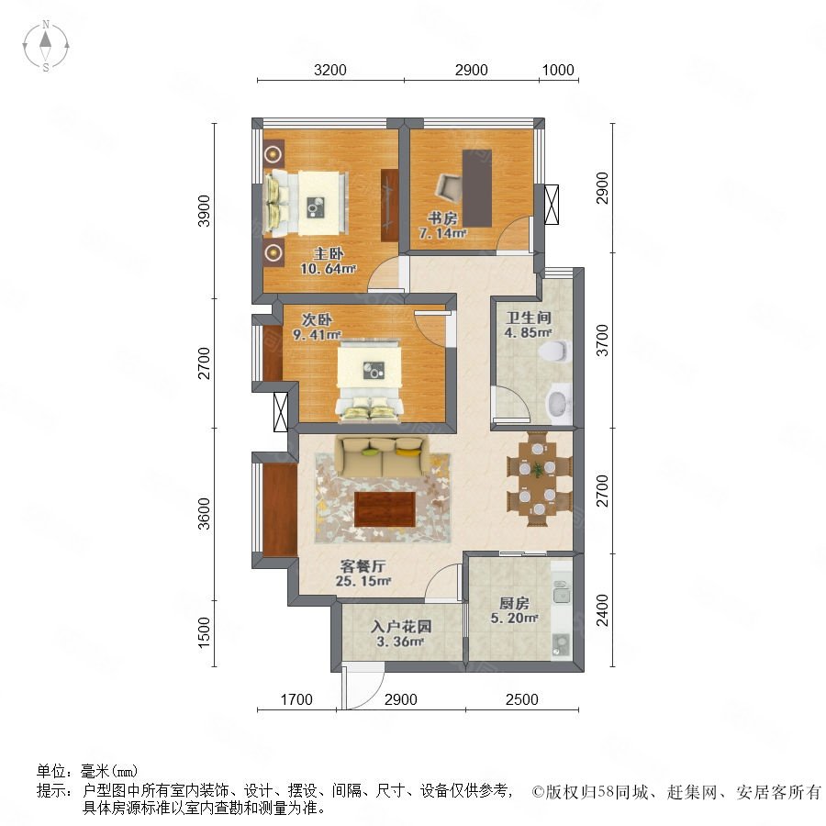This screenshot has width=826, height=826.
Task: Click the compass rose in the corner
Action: point(46,46)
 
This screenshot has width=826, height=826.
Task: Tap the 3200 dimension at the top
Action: point(330,70)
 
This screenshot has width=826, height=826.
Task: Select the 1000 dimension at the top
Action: point(558,70)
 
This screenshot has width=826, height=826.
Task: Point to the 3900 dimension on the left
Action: point(204,211)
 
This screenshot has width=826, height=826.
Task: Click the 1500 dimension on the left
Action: point(204,632)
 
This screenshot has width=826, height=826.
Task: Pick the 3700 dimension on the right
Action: point(601,340)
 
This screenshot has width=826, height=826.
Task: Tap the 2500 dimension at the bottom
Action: point(521,699)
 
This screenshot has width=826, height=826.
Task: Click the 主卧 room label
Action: point(329,254)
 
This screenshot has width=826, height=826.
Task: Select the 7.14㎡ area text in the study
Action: point(442,232)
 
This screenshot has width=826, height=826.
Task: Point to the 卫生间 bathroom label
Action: point(529,318)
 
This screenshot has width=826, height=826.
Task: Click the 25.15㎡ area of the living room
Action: point(363,581)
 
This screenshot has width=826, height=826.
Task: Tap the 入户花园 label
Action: point(401,626)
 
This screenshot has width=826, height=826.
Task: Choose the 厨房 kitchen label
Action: point(514,603)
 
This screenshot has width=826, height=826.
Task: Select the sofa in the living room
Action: point(382,457)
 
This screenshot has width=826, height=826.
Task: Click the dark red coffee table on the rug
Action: point(385,508)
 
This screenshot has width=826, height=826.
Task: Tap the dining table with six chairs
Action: point(538,479)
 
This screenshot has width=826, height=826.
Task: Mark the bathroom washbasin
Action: point(560,404)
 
